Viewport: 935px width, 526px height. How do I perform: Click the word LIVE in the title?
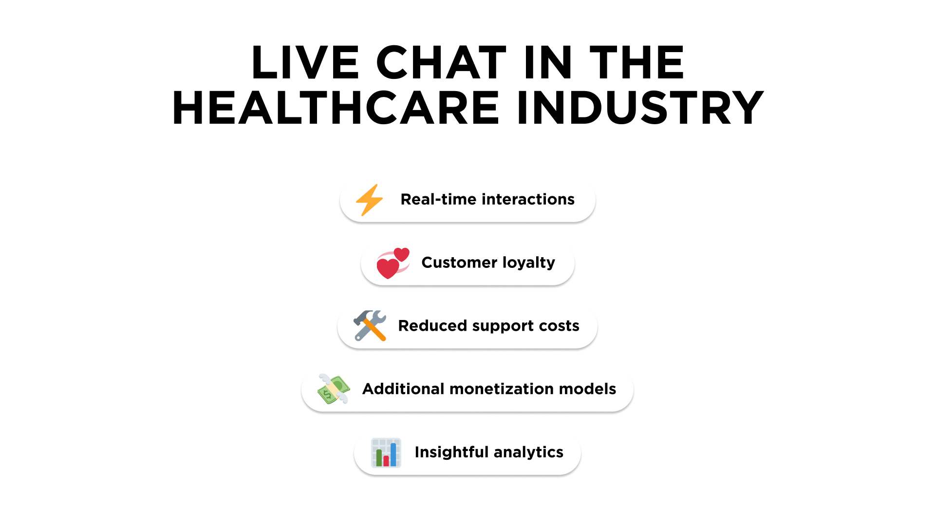tap(305, 62)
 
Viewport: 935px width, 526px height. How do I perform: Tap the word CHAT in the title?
tap(441, 62)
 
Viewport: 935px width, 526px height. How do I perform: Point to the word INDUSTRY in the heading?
tap(640, 108)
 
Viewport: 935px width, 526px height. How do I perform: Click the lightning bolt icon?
tap(370, 200)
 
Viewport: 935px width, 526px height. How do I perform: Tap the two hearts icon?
tap(393, 263)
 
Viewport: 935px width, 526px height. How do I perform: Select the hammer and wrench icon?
tap(370, 326)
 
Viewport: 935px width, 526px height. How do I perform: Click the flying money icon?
tap(334, 389)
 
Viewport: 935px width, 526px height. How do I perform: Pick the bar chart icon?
tap(386, 452)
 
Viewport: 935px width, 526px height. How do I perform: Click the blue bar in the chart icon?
tap(393, 454)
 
